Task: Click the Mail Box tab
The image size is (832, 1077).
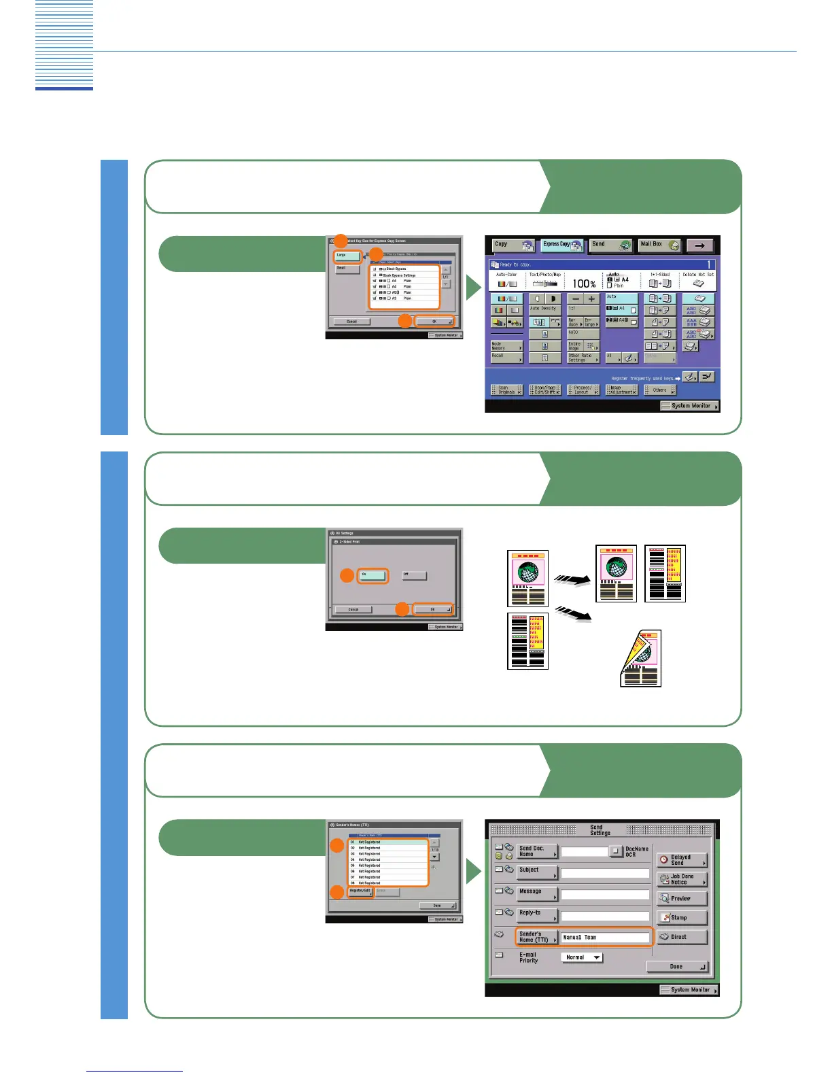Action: pos(659,245)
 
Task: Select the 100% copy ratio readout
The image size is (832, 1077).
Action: pos(584,284)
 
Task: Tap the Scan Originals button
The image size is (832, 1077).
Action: pos(506,390)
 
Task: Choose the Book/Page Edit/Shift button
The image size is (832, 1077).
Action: pos(545,390)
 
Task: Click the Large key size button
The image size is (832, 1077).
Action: pos(347,256)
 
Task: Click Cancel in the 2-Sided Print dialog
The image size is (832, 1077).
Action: pos(353,609)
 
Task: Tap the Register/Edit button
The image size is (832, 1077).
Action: pos(361,891)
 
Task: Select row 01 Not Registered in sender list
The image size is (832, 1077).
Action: pos(388,842)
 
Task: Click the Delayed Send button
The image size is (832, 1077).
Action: pos(682,860)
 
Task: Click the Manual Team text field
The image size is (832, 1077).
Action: pos(605,938)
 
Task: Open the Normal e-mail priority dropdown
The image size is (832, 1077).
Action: pos(582,957)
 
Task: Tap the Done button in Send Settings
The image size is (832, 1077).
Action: pos(676,966)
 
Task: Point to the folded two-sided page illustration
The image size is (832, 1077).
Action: pos(640,658)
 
